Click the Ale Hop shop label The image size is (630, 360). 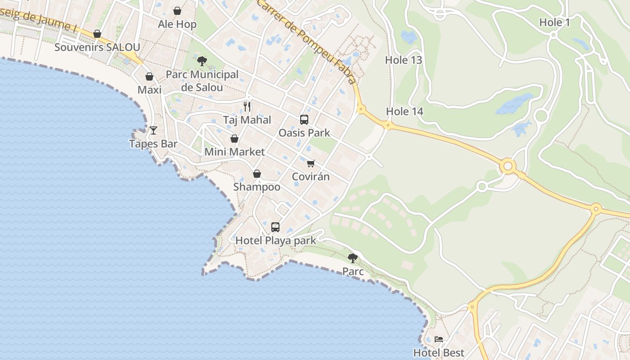click(177, 24)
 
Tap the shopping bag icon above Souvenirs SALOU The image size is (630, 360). click(97, 34)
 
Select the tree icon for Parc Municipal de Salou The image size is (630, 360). click(202, 60)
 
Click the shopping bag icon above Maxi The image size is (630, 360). click(149, 76)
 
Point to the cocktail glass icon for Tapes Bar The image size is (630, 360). click(153, 130)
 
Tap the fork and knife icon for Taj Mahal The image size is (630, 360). click(247, 106)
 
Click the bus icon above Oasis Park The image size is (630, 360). click(304, 119)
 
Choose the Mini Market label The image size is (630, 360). click(234, 152)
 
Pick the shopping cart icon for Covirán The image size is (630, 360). click(311, 163)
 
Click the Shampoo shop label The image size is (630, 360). click(256, 187)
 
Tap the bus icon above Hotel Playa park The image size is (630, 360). click(275, 227)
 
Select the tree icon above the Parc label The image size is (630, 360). click(353, 258)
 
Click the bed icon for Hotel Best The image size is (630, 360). click(439, 339)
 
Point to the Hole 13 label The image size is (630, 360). click(403, 60)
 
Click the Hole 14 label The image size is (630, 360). click(405, 111)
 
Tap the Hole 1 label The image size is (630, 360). click(554, 22)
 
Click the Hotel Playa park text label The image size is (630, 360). click(276, 240)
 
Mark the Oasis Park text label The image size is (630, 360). click(304, 133)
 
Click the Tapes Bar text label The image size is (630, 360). click(153, 144)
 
